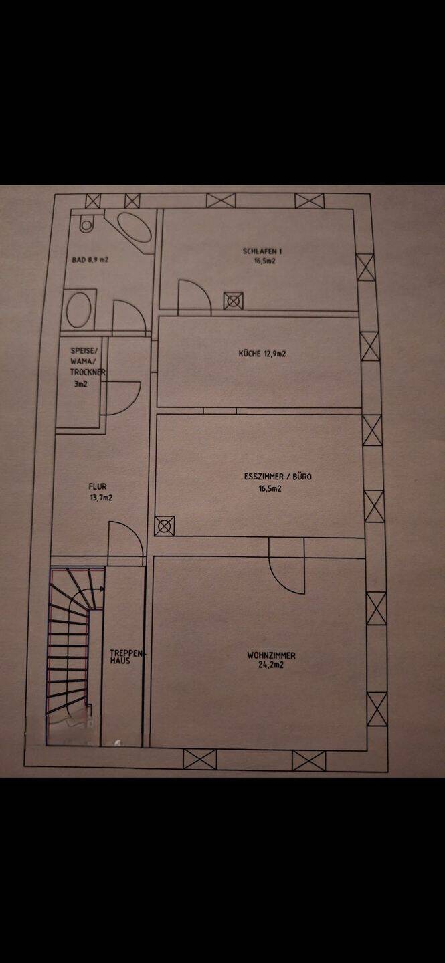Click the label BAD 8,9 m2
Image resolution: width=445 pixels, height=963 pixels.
pos(90,259)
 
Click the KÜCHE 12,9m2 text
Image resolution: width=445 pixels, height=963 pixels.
pos(262,354)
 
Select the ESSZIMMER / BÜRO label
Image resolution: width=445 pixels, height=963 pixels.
pos(278,476)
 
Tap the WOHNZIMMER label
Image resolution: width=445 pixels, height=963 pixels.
pos(271,655)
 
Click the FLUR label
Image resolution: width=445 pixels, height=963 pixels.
pos(98,486)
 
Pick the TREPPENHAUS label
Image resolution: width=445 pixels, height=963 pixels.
pos(126,657)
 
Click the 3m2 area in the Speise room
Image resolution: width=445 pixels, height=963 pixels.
pos(80,384)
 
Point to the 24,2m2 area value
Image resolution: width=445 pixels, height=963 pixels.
pos(271,665)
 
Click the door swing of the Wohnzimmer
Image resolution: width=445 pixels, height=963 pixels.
pos(286,565)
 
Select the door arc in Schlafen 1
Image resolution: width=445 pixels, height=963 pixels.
pos(195,297)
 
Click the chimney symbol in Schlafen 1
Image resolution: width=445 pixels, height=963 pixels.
pos(234,300)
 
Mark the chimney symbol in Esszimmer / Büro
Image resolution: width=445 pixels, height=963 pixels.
pos(165,526)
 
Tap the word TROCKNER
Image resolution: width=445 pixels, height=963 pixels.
pos(88,372)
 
